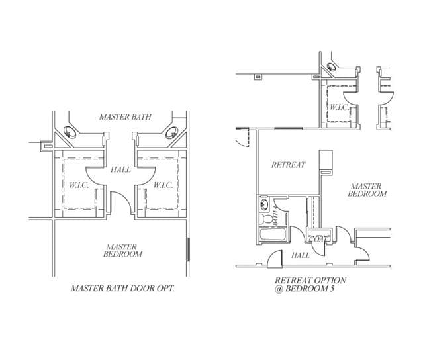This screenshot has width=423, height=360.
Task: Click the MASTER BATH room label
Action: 125,117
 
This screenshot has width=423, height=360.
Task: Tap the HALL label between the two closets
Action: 121,169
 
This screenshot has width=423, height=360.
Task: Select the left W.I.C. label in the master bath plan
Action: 79,185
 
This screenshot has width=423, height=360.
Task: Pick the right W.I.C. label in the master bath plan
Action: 164,185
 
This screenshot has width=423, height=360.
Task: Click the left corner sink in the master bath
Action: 70,132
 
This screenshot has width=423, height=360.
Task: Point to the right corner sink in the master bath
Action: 172,132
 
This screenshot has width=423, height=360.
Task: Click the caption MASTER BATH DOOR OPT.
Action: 122,289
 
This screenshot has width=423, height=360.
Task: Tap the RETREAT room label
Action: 289,165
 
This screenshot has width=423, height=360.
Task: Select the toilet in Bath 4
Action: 265,218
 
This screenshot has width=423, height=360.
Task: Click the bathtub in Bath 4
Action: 272,234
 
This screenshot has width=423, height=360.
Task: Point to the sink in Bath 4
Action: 264,204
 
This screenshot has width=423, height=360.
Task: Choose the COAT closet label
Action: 318,239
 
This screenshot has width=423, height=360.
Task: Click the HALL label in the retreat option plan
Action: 301,255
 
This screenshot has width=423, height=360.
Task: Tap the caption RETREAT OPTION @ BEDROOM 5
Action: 310,284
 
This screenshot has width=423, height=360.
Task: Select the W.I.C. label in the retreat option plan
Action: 339,107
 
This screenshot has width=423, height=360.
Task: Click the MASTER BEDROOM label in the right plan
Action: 367,190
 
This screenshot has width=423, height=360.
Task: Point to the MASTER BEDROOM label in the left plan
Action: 122,251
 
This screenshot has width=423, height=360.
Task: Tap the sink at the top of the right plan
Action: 331,66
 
